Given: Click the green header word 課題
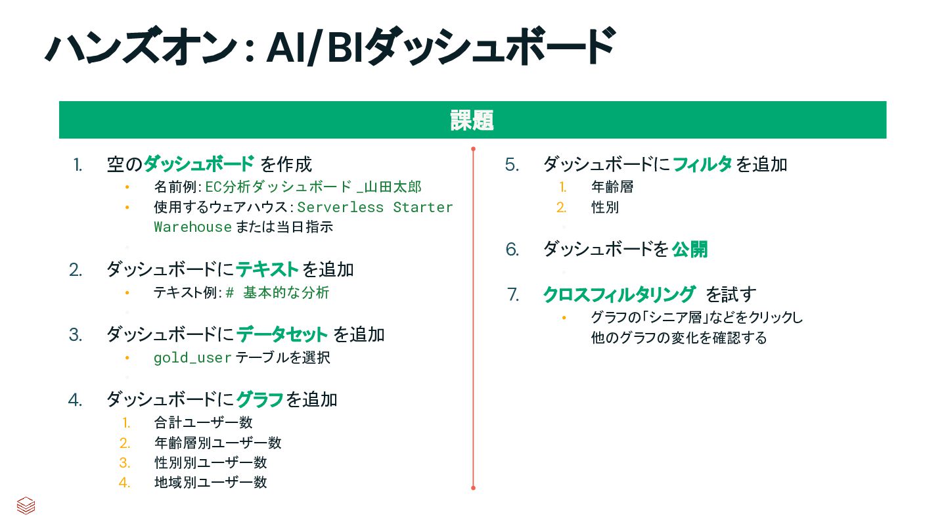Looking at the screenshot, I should click(472, 121).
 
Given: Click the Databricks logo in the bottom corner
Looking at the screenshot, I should click(26, 506).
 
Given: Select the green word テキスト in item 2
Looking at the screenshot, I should click(267, 269).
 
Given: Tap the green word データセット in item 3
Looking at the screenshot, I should click(282, 334).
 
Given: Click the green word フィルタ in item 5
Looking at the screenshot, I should click(702, 164).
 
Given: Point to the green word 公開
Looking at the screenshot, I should click(690, 250).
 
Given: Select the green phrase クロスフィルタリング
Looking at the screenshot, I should click(619, 294).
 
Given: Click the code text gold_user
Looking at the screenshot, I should click(192, 358).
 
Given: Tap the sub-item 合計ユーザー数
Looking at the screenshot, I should click(204, 422).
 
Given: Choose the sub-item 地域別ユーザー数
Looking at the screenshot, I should click(211, 482).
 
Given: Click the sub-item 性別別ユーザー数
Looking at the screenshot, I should click(211, 462).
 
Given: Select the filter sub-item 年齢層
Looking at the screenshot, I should click(612, 187).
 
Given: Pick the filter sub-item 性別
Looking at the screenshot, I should click(605, 208).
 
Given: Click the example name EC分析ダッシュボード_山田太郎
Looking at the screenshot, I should click(313, 187).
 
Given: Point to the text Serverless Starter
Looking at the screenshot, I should click(375, 207).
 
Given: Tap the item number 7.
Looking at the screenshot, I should click(513, 295).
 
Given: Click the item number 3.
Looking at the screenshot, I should click(76, 335).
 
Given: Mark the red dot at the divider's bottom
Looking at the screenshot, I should click(473, 488).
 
